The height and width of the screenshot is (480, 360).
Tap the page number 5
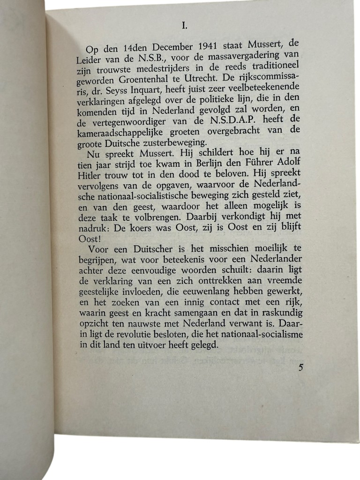pos(300,367)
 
